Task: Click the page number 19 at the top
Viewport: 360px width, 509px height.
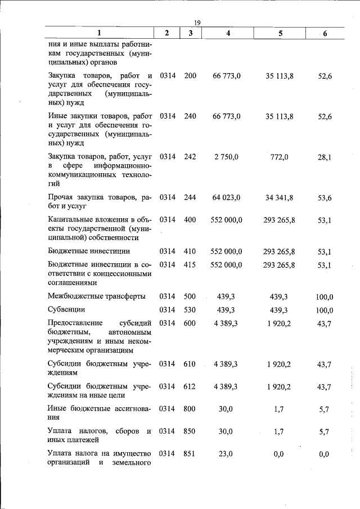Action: (x=197, y=22)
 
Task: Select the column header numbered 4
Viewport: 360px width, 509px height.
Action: (x=228, y=33)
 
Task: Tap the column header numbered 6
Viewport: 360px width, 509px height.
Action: (x=325, y=34)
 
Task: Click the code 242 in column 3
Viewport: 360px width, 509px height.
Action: (x=190, y=157)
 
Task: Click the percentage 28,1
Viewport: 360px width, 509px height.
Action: (x=325, y=158)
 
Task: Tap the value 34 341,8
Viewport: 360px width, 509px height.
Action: (x=279, y=197)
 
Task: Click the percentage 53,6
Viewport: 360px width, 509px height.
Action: (x=325, y=198)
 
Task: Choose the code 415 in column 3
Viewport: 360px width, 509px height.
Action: (x=190, y=264)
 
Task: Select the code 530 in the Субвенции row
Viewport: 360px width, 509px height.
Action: (x=190, y=310)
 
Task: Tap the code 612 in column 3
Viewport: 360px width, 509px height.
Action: (x=190, y=386)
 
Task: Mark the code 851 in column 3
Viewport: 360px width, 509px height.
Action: (x=190, y=454)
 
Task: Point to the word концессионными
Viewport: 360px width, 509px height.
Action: (x=123, y=274)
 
